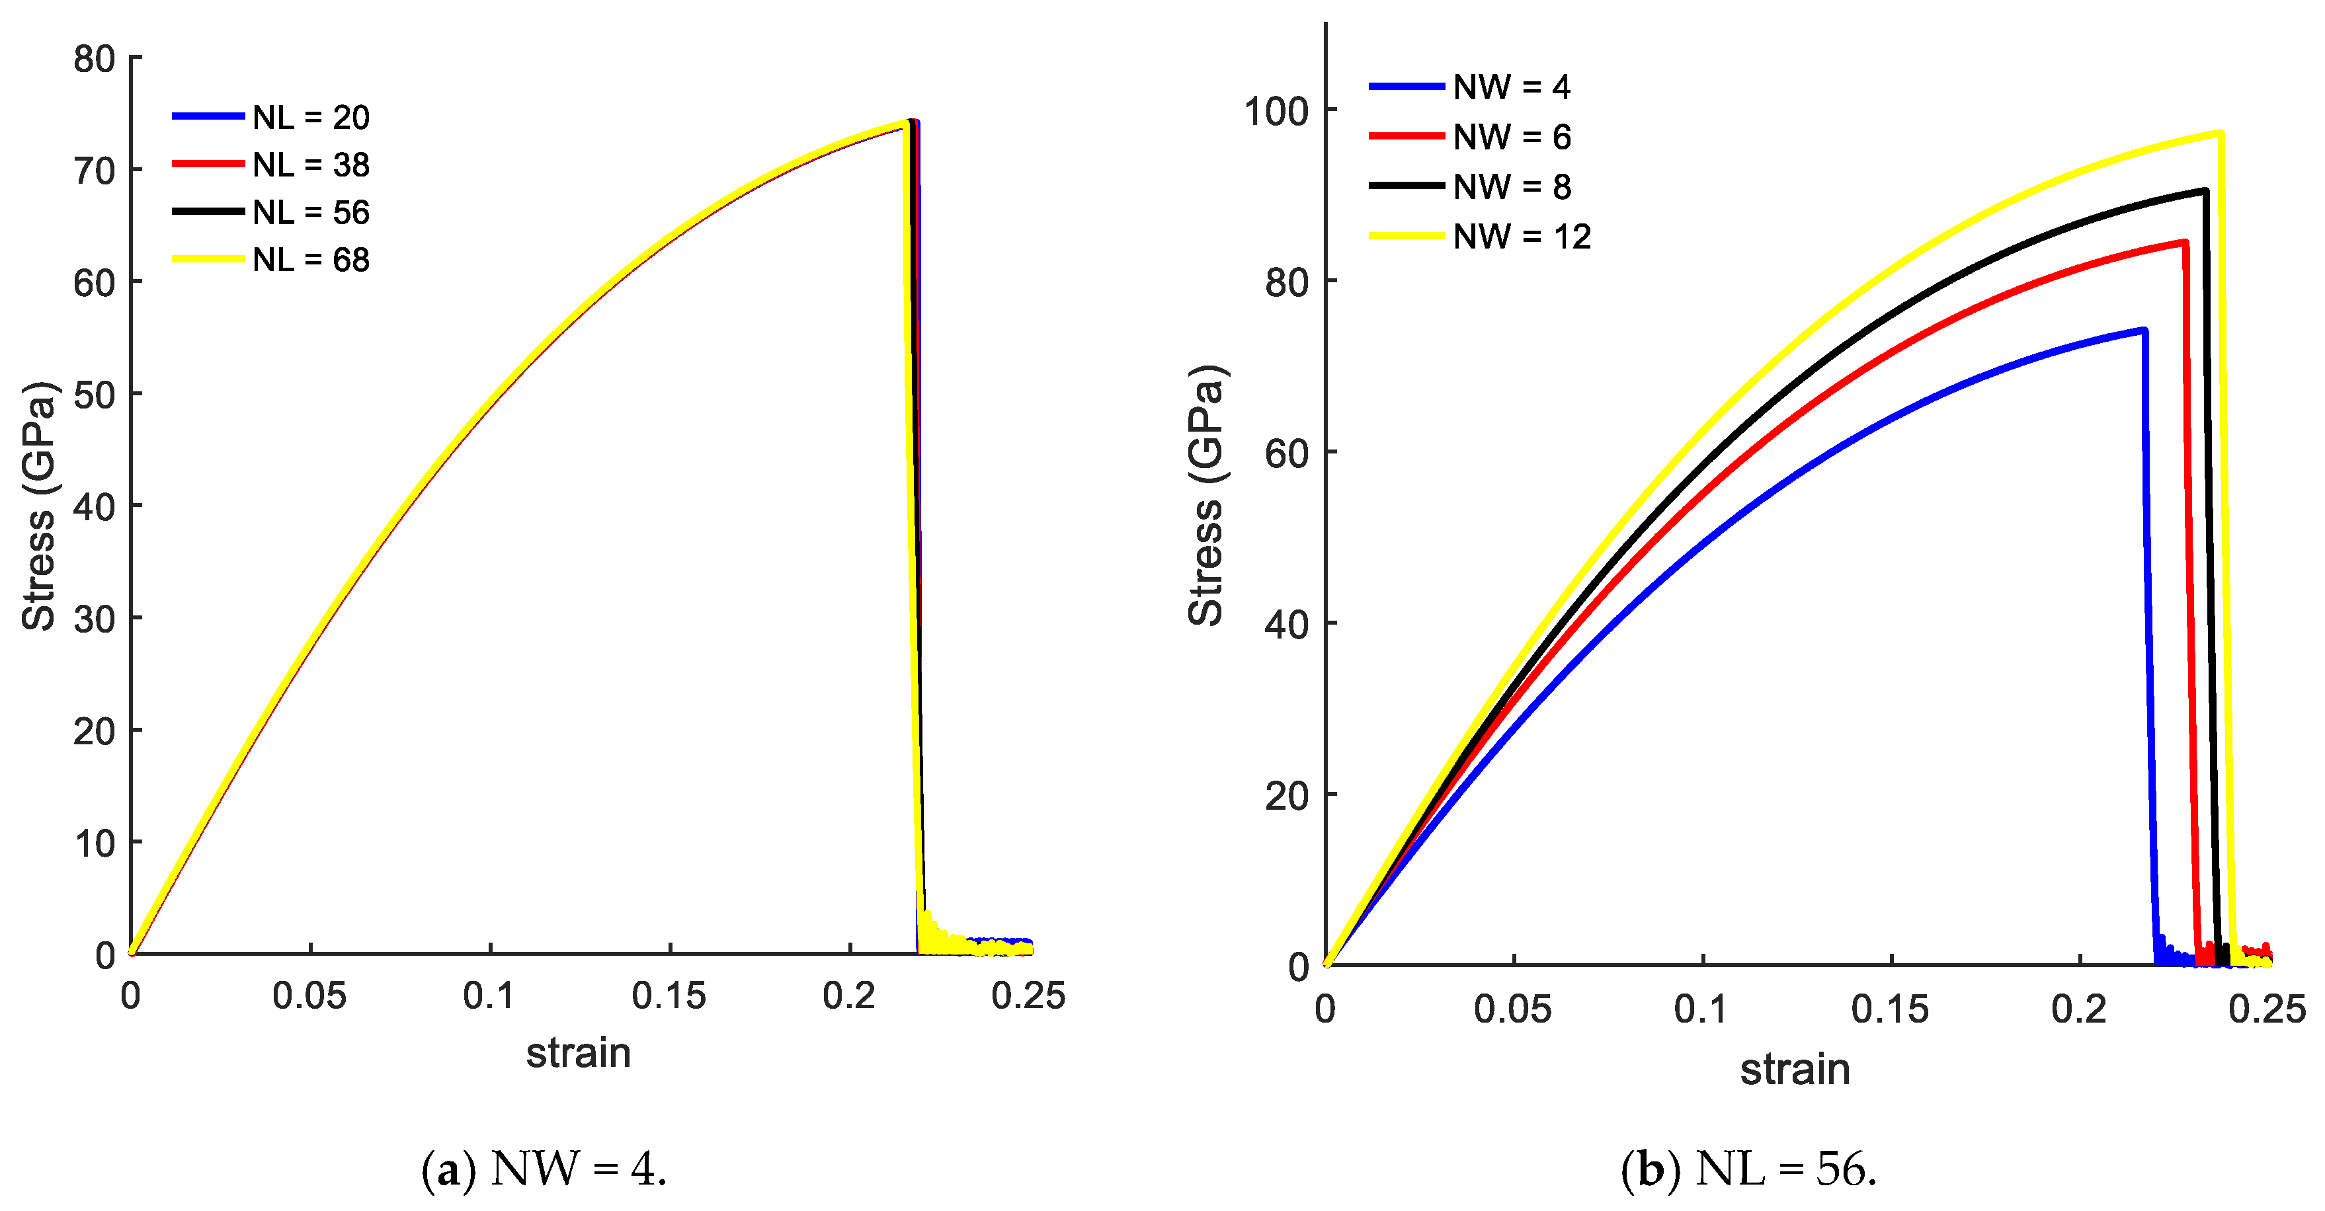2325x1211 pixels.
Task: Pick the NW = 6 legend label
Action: pos(1512,137)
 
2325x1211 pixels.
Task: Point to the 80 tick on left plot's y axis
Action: pos(94,59)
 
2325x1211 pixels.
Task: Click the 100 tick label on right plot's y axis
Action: pos(1276,112)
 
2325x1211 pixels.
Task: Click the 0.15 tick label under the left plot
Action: pos(668,996)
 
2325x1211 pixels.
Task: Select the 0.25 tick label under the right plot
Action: pos(2266,1009)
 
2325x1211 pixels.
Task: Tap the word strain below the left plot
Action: pos(578,1053)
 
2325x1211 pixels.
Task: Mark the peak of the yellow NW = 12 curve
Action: pos(2219,134)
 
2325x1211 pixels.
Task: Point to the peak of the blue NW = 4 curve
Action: pos(2144,331)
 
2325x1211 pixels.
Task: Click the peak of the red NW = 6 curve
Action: pos(2184,242)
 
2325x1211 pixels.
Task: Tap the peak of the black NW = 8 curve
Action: pos(2205,190)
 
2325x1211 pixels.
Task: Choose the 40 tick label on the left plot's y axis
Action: pos(94,507)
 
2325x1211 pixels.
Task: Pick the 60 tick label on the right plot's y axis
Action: pos(1286,453)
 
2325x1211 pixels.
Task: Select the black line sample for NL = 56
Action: pos(208,212)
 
